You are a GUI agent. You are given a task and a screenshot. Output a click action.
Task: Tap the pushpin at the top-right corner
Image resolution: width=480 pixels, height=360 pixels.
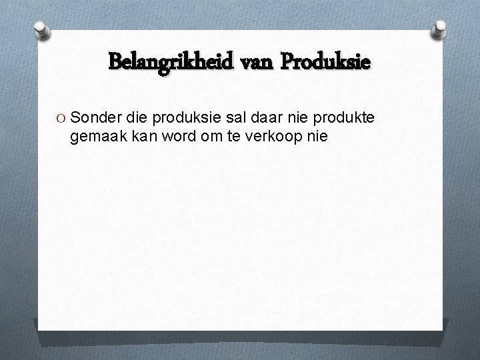tap(440, 29)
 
